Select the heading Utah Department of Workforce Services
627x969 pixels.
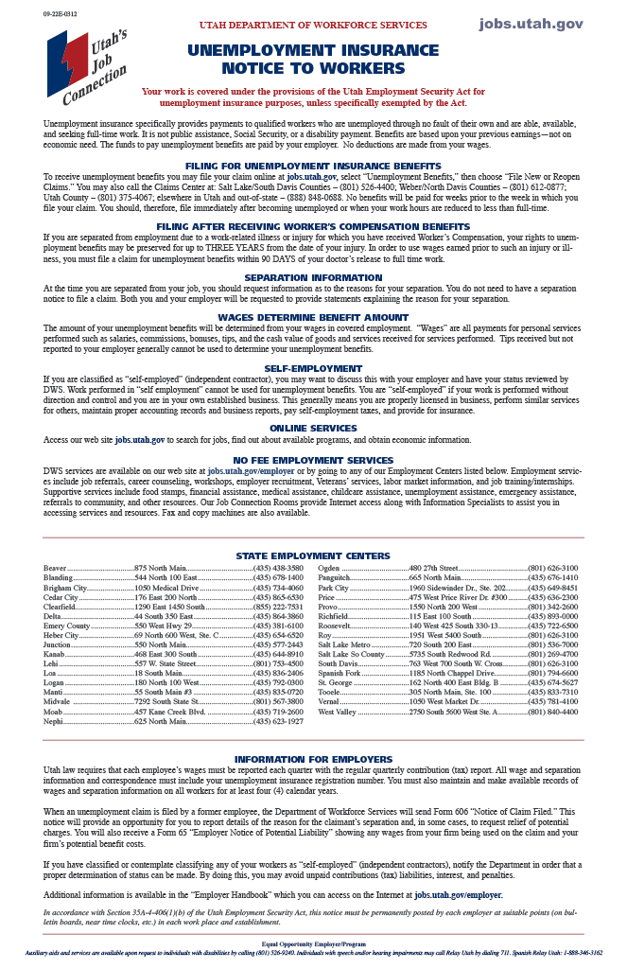click(313, 25)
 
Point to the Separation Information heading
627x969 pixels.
click(313, 277)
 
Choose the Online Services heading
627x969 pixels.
click(313, 428)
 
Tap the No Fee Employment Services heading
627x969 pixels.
click(313, 460)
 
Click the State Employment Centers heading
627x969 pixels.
click(313, 556)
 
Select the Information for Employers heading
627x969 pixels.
click(313, 759)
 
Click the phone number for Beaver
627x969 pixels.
click(278, 568)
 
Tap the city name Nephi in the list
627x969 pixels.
click(54, 721)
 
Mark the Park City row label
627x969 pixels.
click(334, 588)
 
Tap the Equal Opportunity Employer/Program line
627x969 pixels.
click(313, 943)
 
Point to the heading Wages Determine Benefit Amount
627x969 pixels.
click(313, 317)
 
